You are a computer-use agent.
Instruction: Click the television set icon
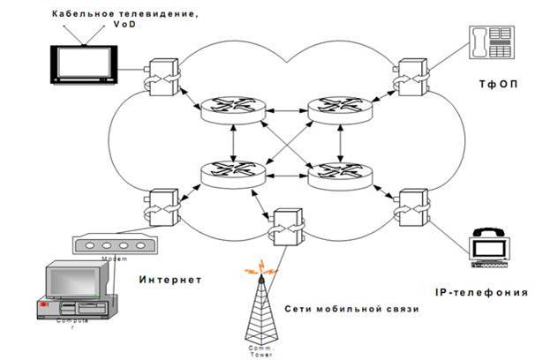click(x=83, y=63)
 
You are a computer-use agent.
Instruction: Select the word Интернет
click(x=170, y=280)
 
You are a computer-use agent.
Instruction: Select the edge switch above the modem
click(x=163, y=204)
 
